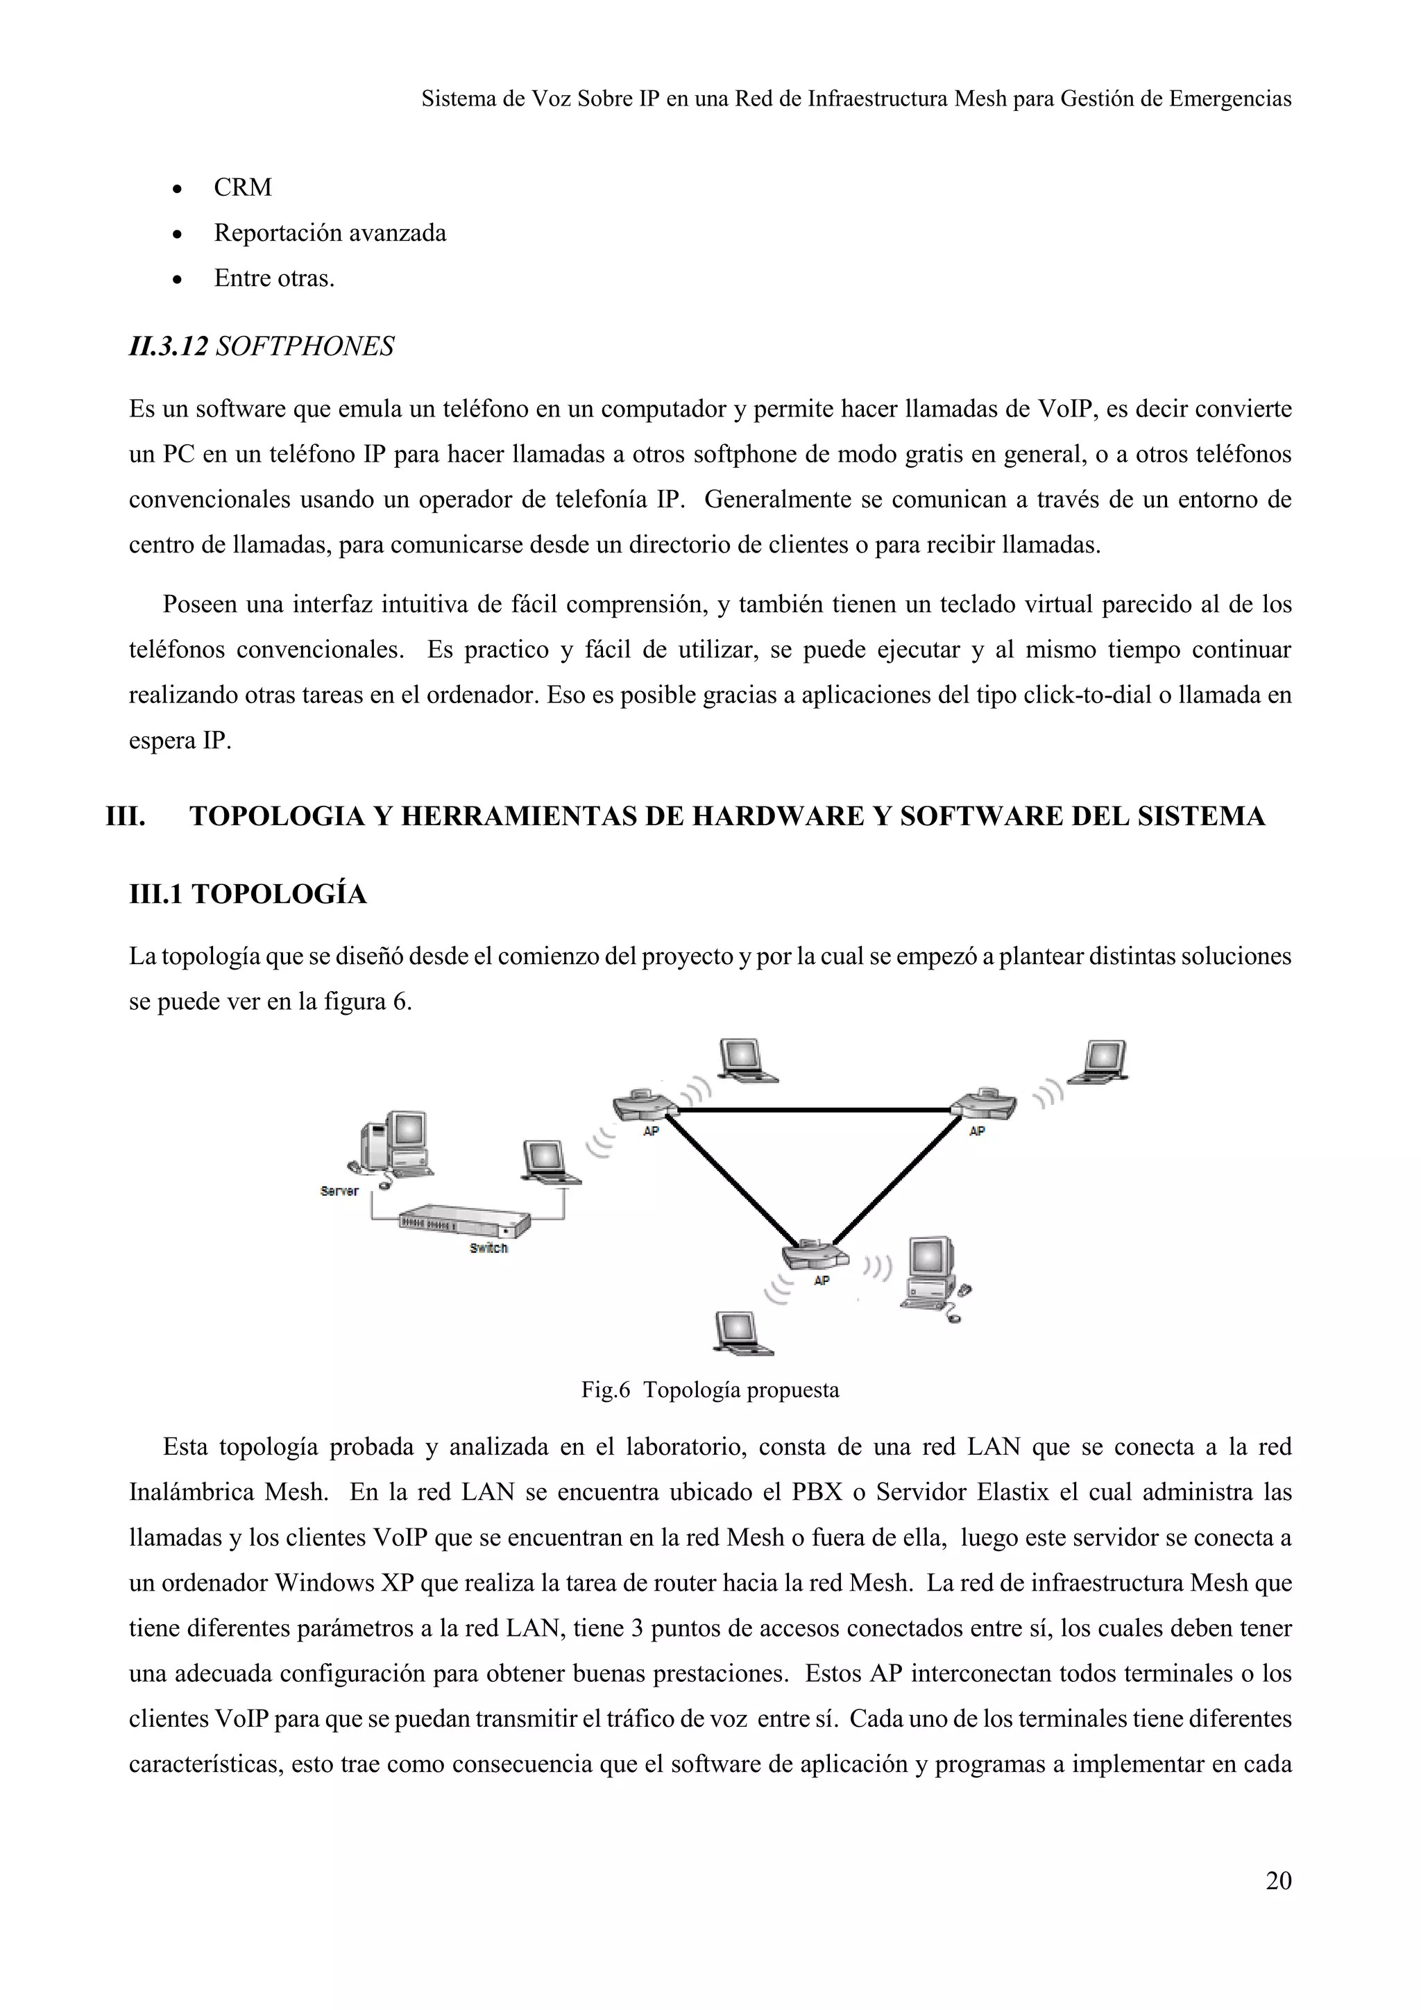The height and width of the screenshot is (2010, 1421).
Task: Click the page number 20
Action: click(x=1277, y=1880)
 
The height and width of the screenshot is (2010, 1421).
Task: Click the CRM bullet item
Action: click(x=242, y=187)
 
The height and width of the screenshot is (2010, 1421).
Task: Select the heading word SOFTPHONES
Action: click(x=305, y=346)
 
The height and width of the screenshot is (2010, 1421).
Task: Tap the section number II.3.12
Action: click(x=168, y=346)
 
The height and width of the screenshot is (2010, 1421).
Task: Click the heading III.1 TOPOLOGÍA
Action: click(x=248, y=894)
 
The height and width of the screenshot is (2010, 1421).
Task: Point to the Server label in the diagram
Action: click(x=339, y=1190)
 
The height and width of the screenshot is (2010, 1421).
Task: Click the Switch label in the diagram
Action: click(x=488, y=1247)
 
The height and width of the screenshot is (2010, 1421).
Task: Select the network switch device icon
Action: click(x=463, y=1220)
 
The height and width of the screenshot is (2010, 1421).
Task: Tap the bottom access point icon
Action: click(x=815, y=1256)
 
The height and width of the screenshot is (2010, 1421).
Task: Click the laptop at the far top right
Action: click(x=1100, y=1061)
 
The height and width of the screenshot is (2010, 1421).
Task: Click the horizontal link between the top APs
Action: click(x=814, y=1110)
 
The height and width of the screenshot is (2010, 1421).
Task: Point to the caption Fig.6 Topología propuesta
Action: click(x=710, y=1390)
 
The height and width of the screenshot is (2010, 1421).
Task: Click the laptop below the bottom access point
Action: click(x=741, y=1333)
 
